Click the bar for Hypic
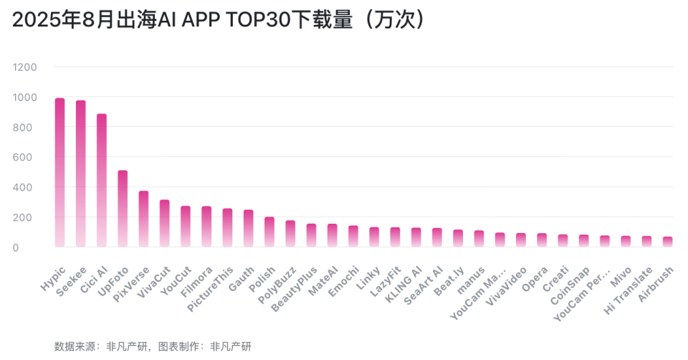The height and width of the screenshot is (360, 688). click(x=59, y=172)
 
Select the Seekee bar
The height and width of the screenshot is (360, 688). click(x=81, y=174)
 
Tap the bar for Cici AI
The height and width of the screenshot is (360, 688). click(x=102, y=180)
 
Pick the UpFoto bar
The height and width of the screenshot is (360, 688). click(x=123, y=209)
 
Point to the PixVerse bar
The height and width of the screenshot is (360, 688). click(x=143, y=219)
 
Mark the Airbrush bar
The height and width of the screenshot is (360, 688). click(x=668, y=242)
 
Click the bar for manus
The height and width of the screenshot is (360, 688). click(x=479, y=238)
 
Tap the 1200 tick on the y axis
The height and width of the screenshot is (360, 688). click(x=24, y=67)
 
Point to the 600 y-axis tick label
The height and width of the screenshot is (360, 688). click(x=22, y=157)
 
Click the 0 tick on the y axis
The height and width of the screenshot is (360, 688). click(x=16, y=247)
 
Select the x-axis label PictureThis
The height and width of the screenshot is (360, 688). click(x=211, y=289)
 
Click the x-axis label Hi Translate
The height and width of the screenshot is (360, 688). click(x=628, y=290)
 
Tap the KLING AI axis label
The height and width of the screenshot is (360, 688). click(x=403, y=284)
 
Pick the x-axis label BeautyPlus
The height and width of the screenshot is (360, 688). click(x=294, y=289)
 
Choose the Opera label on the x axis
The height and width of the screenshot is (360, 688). click(x=535, y=279)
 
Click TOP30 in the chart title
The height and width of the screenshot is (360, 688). click(x=259, y=20)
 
